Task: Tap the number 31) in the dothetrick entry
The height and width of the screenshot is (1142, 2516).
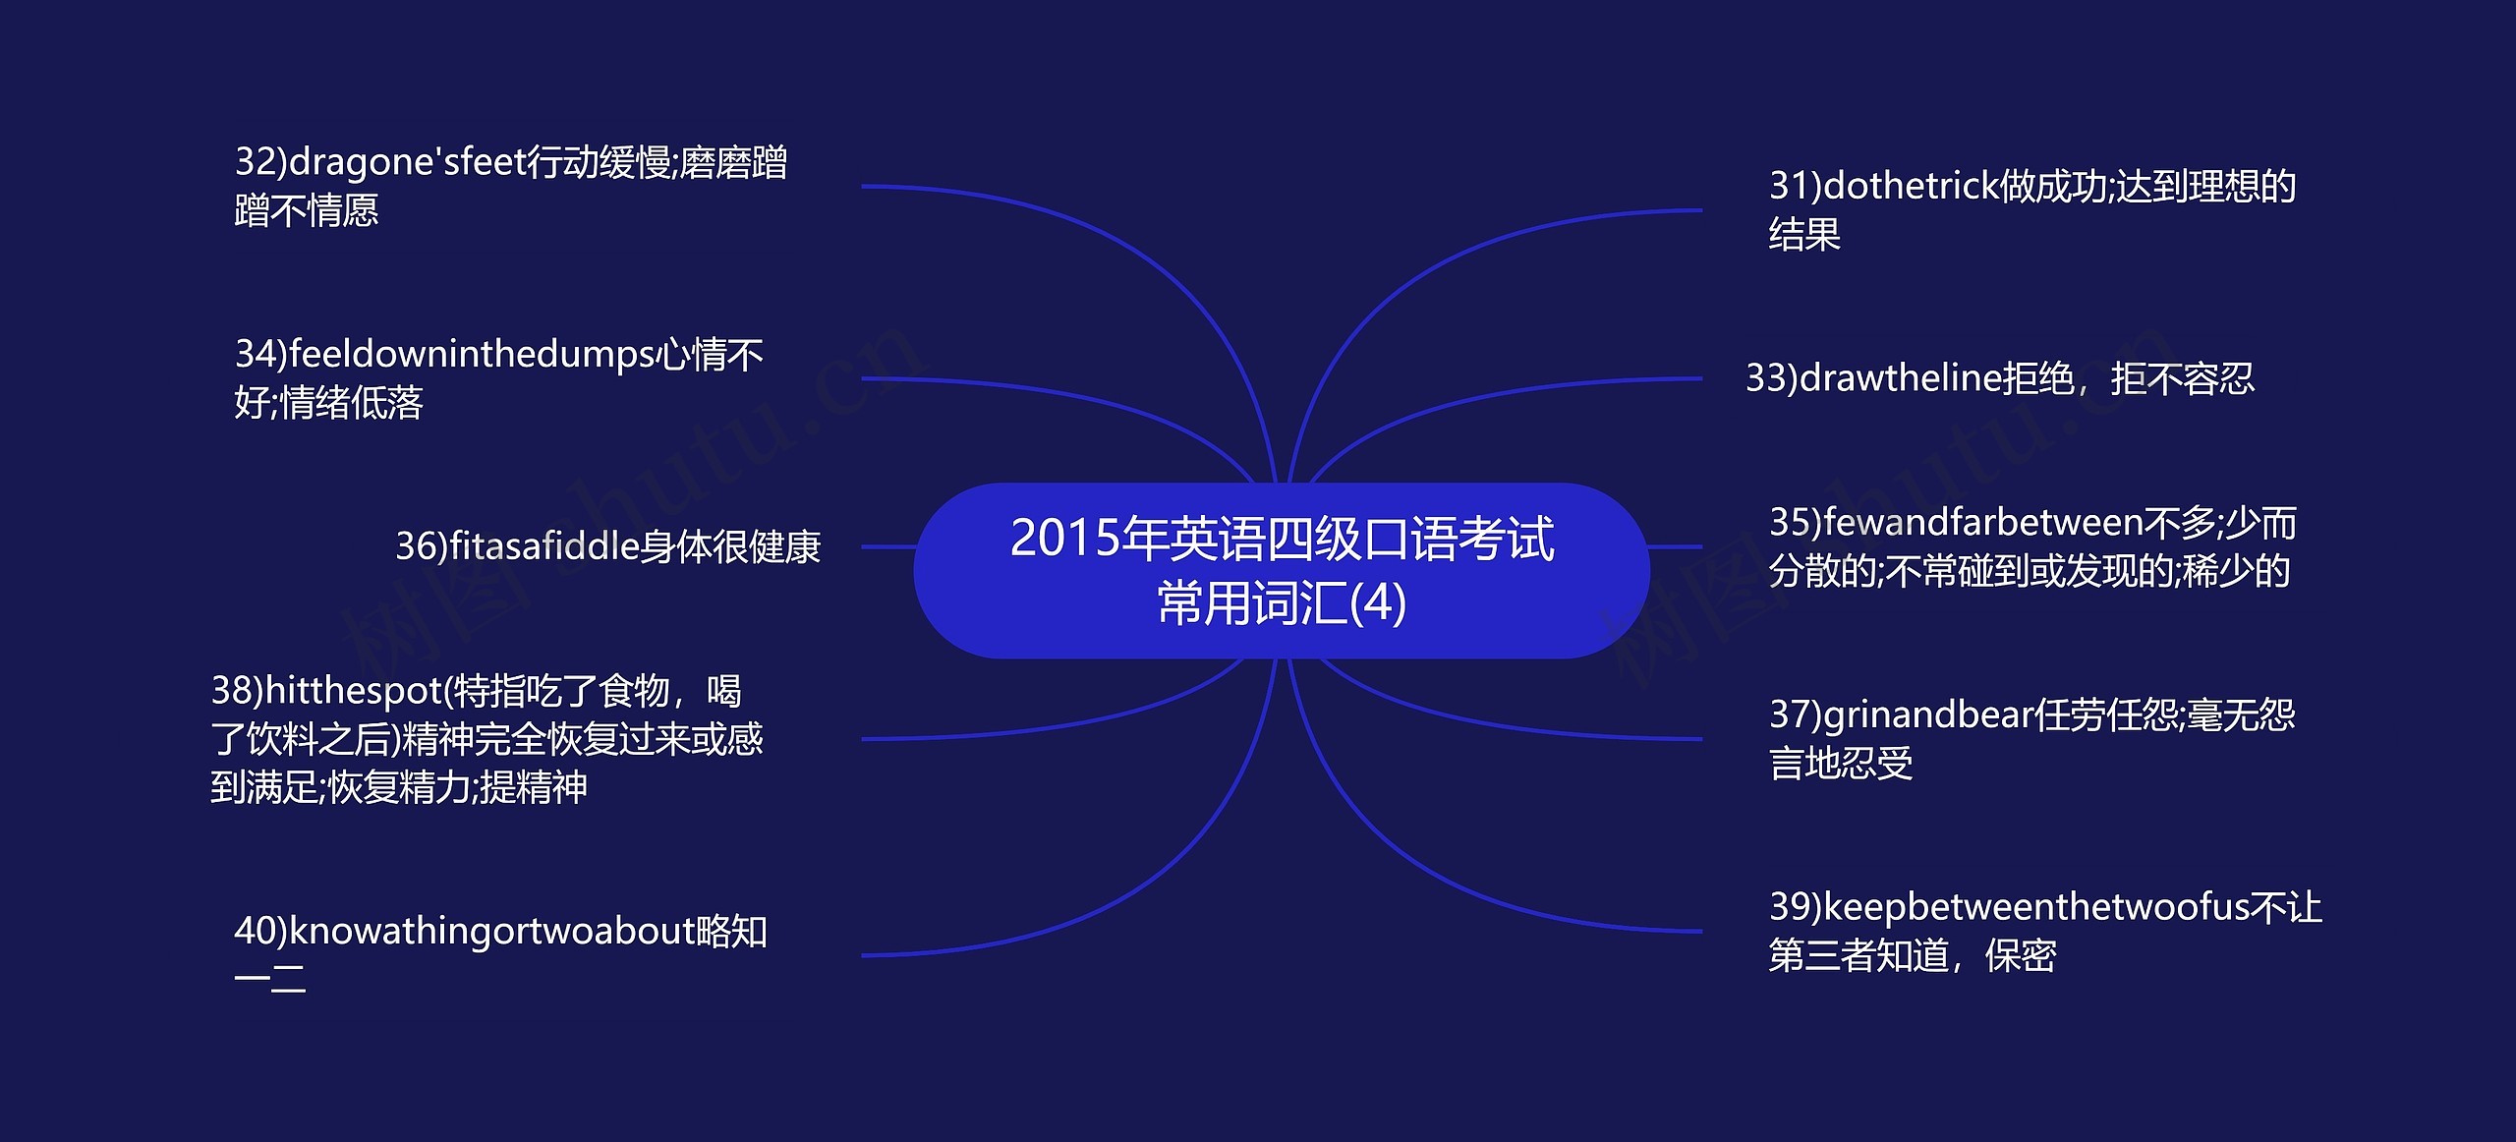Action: click(1795, 187)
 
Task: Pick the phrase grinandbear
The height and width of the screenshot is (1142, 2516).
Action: click(1927, 715)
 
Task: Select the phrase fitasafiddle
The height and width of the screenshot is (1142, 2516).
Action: click(544, 546)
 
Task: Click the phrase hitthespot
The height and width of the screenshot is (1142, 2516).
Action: click(354, 691)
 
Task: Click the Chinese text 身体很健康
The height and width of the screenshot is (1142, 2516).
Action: click(730, 547)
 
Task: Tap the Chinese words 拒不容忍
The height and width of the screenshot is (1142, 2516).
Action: click(2182, 378)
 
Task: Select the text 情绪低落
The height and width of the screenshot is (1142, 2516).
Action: click(351, 403)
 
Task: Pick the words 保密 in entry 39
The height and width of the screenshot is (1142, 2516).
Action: click(2021, 955)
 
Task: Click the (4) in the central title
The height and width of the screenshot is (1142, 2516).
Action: click(1379, 603)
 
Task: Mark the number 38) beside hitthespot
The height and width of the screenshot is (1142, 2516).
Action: click(237, 691)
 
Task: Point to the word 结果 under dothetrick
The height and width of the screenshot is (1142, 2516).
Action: click(1804, 235)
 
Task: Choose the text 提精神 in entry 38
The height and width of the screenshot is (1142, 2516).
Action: click(534, 787)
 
